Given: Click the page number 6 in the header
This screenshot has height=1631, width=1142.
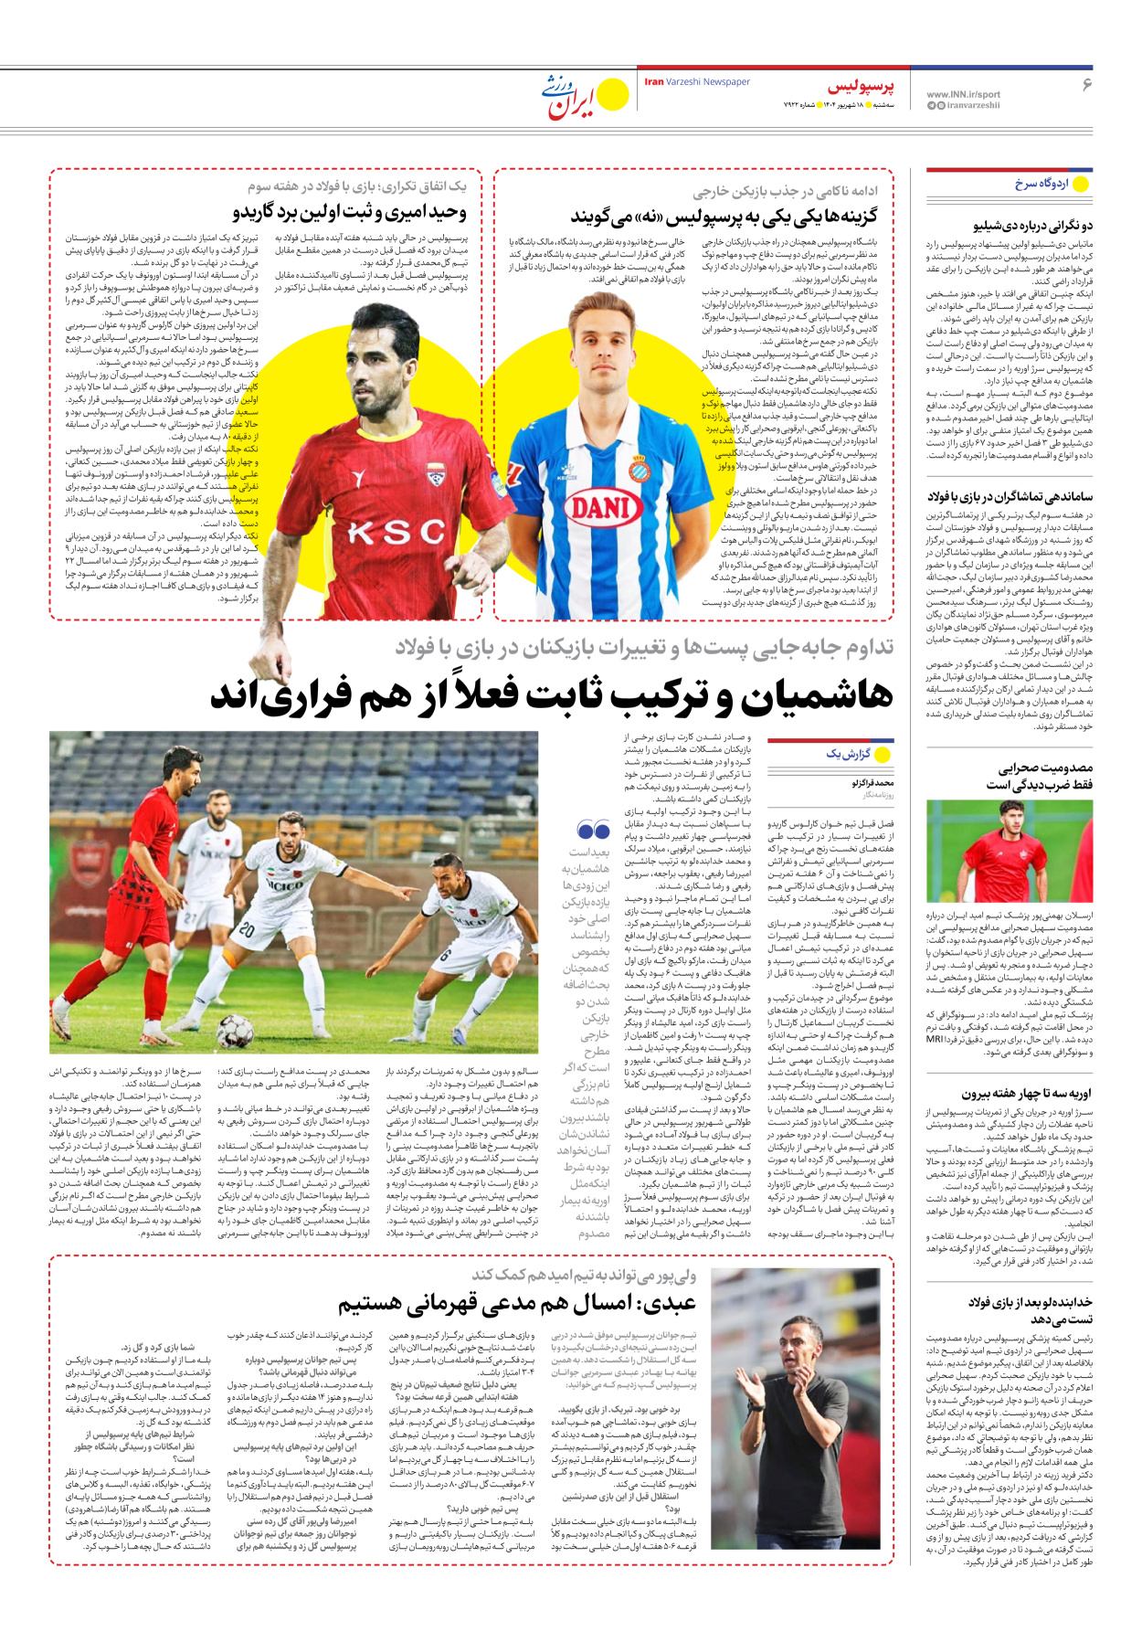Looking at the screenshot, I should click(x=1087, y=84).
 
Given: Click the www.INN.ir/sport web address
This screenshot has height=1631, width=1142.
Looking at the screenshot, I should click(x=963, y=94).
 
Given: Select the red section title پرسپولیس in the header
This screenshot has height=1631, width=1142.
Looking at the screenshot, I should click(x=861, y=87).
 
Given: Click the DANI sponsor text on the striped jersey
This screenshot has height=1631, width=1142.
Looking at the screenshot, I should click(x=602, y=506).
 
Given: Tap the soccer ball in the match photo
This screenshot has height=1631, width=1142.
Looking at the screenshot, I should click(x=235, y=1032).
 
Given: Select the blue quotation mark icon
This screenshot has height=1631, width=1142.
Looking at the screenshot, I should click(x=594, y=830).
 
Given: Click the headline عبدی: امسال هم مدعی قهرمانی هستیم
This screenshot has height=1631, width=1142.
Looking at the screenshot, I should click(x=517, y=1303).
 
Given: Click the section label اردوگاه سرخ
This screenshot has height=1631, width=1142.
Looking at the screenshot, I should click(x=1042, y=184).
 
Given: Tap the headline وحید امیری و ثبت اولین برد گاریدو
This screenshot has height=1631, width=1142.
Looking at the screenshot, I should click(x=350, y=213).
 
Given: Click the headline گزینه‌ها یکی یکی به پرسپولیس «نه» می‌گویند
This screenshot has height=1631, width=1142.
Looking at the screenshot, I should click(x=724, y=217).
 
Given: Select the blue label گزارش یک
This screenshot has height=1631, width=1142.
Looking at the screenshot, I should click(x=849, y=754).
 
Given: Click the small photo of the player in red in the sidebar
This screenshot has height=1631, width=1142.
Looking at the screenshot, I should click(x=1009, y=851).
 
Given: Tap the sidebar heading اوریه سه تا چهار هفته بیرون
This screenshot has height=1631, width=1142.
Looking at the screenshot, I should click(x=1027, y=1093).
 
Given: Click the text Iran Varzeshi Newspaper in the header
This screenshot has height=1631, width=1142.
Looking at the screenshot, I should click(x=697, y=82).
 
